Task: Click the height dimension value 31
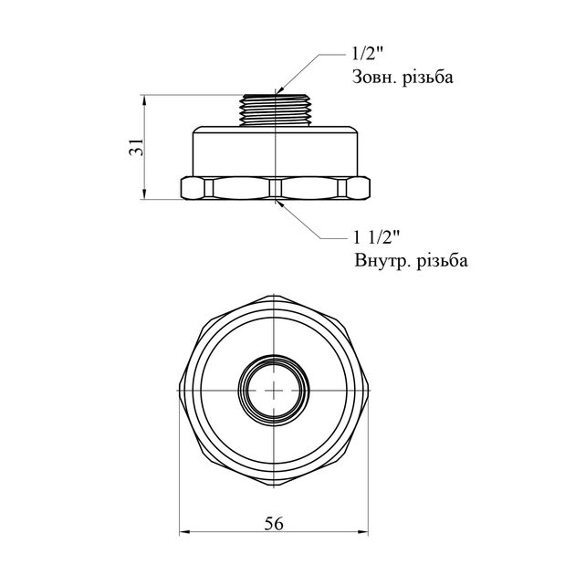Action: (135, 145)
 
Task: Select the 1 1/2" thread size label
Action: (377, 238)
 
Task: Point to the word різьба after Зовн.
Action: (429, 78)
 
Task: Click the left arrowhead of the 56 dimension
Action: (181, 535)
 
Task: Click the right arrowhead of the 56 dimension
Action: (369, 535)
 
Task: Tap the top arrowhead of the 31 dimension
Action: (145, 96)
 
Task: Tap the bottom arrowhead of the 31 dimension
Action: (145, 197)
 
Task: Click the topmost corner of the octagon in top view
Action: (275, 293)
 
